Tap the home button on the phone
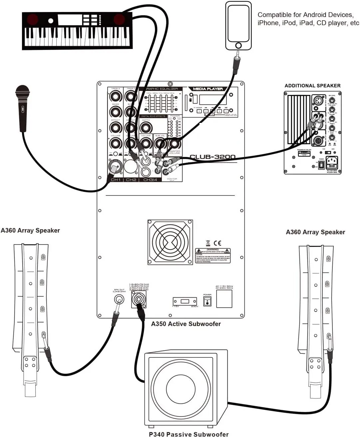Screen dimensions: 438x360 pyautogui.click(x=238, y=45)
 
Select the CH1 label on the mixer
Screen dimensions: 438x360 pyautogui.click(x=116, y=180)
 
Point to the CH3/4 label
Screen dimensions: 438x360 pyautogui.click(x=150, y=180)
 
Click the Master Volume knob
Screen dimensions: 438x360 pyautogui.click(x=175, y=144)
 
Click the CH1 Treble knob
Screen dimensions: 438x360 pyautogui.click(x=116, y=97)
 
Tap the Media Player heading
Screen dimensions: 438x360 pyautogui.click(x=207, y=89)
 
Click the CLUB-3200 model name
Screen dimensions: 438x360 pyautogui.click(x=212, y=157)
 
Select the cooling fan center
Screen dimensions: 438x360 pyautogui.click(x=170, y=242)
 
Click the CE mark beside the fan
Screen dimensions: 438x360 pyautogui.click(x=217, y=243)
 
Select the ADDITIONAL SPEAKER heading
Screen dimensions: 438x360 pyautogui.click(x=312, y=86)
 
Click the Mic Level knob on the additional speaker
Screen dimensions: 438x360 pyautogui.click(x=332, y=100)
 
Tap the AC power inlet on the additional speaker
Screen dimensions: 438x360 pyautogui.click(x=331, y=163)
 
